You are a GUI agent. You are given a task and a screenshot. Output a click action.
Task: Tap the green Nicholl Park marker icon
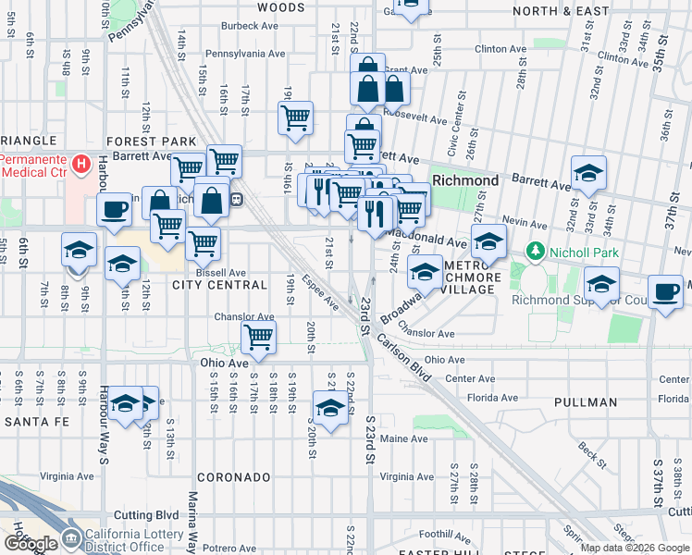[534, 251]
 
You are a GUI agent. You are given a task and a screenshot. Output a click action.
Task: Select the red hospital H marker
[80, 166]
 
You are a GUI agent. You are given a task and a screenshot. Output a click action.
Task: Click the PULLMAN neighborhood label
[587, 402]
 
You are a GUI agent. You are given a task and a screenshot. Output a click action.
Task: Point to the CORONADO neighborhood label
[233, 477]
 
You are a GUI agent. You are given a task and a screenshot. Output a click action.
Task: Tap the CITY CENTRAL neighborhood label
[219, 285]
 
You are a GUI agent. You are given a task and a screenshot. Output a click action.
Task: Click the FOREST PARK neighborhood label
[152, 142]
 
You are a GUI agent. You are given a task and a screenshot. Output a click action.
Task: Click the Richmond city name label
[465, 180]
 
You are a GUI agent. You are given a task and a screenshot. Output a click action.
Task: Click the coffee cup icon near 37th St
[665, 292]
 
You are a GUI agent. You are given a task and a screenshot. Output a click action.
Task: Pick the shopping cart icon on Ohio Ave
[258, 337]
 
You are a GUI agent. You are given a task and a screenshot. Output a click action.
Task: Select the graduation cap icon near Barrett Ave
[588, 172]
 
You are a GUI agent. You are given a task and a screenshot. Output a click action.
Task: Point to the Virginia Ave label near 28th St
[406, 477]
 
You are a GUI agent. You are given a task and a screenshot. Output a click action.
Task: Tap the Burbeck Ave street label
[250, 26]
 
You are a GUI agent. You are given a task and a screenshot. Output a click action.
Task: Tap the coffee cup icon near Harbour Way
[114, 209]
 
